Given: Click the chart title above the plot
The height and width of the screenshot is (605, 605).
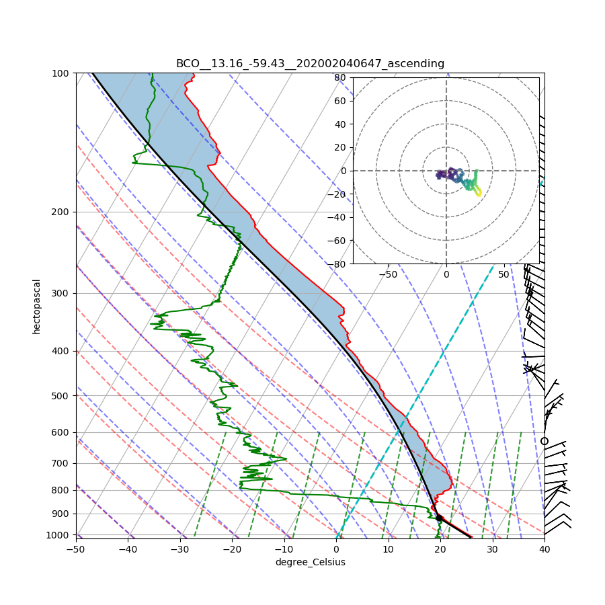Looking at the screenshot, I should point(310,64).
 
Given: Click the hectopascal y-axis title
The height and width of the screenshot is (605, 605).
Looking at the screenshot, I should point(37,306).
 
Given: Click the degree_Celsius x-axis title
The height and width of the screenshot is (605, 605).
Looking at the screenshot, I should point(310,562).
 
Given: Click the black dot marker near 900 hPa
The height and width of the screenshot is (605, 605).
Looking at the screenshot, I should point(439,518).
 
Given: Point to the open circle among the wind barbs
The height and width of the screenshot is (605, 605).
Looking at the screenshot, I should point(544,441).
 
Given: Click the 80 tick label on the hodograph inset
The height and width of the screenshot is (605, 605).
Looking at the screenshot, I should point(340,77).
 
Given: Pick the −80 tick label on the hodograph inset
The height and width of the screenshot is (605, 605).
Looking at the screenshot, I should point(337,264).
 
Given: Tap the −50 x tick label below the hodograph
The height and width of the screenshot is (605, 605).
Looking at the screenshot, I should point(388,274).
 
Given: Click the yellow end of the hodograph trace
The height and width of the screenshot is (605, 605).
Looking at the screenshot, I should point(478,194).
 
